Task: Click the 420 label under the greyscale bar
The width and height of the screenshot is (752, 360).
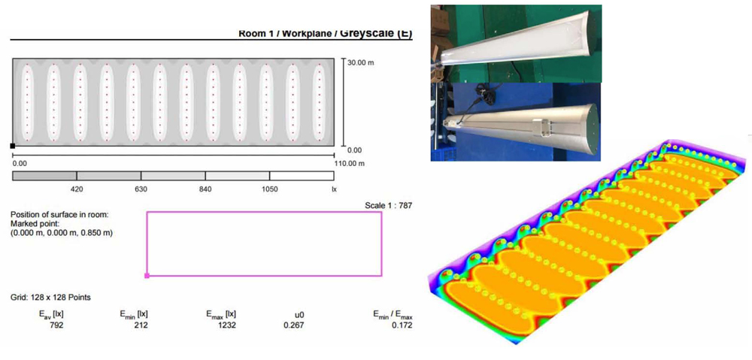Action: (x=77, y=189)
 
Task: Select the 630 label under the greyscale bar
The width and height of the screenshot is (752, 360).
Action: (x=141, y=189)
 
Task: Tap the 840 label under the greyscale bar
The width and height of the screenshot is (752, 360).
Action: (x=205, y=189)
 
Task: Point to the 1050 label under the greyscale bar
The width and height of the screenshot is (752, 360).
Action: (x=269, y=189)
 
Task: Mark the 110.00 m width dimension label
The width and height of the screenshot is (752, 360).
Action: (x=349, y=163)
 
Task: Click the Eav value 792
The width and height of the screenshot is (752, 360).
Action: (x=56, y=325)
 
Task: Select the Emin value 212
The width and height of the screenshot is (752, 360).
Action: (x=141, y=325)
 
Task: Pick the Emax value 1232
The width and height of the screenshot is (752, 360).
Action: (x=226, y=325)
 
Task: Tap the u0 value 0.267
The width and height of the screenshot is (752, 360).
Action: (x=295, y=325)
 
